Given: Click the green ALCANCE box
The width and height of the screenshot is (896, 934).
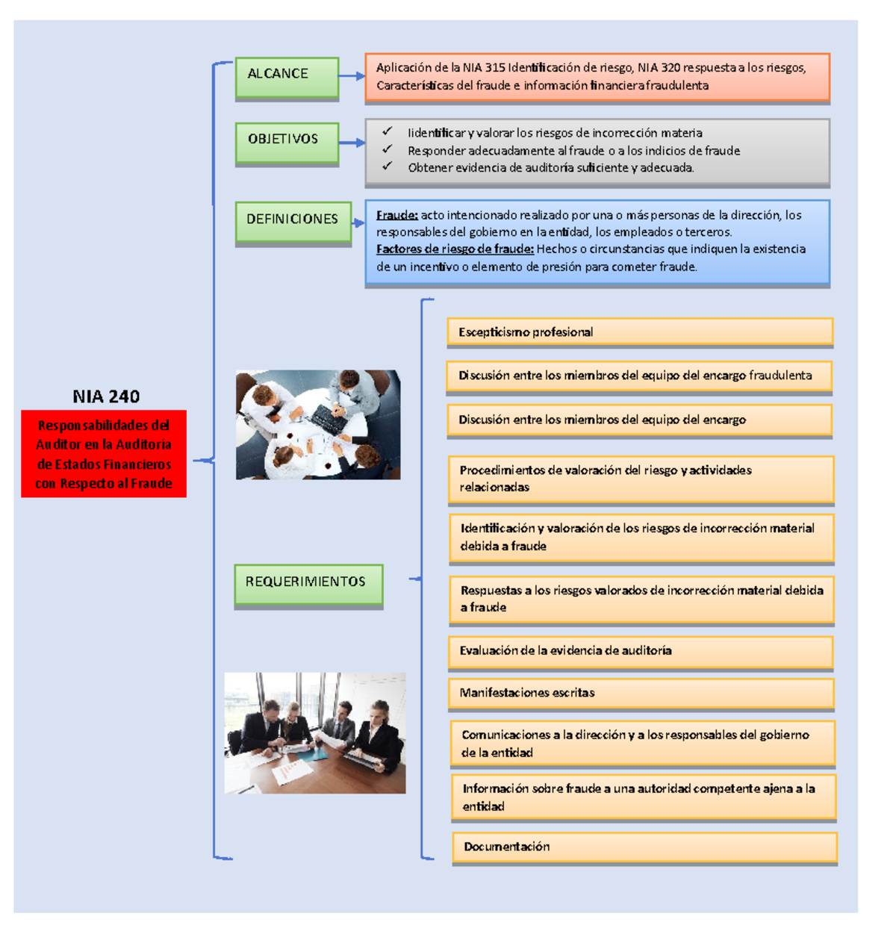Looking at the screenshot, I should coord(287,76).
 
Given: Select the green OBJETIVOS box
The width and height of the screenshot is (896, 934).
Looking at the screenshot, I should coord(287,142).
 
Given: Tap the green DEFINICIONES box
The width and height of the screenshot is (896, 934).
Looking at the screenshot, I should coord(293,221).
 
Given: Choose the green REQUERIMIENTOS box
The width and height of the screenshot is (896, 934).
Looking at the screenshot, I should coord(308,584).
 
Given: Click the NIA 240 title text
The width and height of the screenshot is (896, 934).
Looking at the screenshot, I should coord(106,396).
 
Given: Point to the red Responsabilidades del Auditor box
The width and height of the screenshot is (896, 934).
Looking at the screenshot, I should coord(104,454).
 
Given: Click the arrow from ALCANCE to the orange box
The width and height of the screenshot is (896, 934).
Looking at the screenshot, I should coord(352,76).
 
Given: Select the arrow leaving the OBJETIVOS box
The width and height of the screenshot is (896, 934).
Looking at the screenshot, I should coord(352,142).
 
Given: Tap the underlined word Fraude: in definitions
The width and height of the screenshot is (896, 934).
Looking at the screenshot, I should coord(396,215).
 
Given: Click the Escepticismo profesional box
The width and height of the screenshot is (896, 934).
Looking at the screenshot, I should coord(640,332).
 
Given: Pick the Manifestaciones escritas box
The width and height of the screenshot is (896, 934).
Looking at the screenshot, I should coord(641,693).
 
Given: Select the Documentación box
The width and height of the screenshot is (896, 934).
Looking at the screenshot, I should coord(644,847).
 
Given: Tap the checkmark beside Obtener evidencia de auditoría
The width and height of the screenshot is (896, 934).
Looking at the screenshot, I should coord(387,166).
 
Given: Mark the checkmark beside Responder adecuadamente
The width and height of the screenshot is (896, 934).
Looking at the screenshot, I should coord(387,149).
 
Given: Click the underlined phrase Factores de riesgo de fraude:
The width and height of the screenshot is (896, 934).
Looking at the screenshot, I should coord(455,249).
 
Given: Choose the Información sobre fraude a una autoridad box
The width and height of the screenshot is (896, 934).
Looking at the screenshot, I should coord(643,797).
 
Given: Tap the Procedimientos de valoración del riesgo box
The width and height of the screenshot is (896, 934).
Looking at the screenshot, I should coord(641,479).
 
